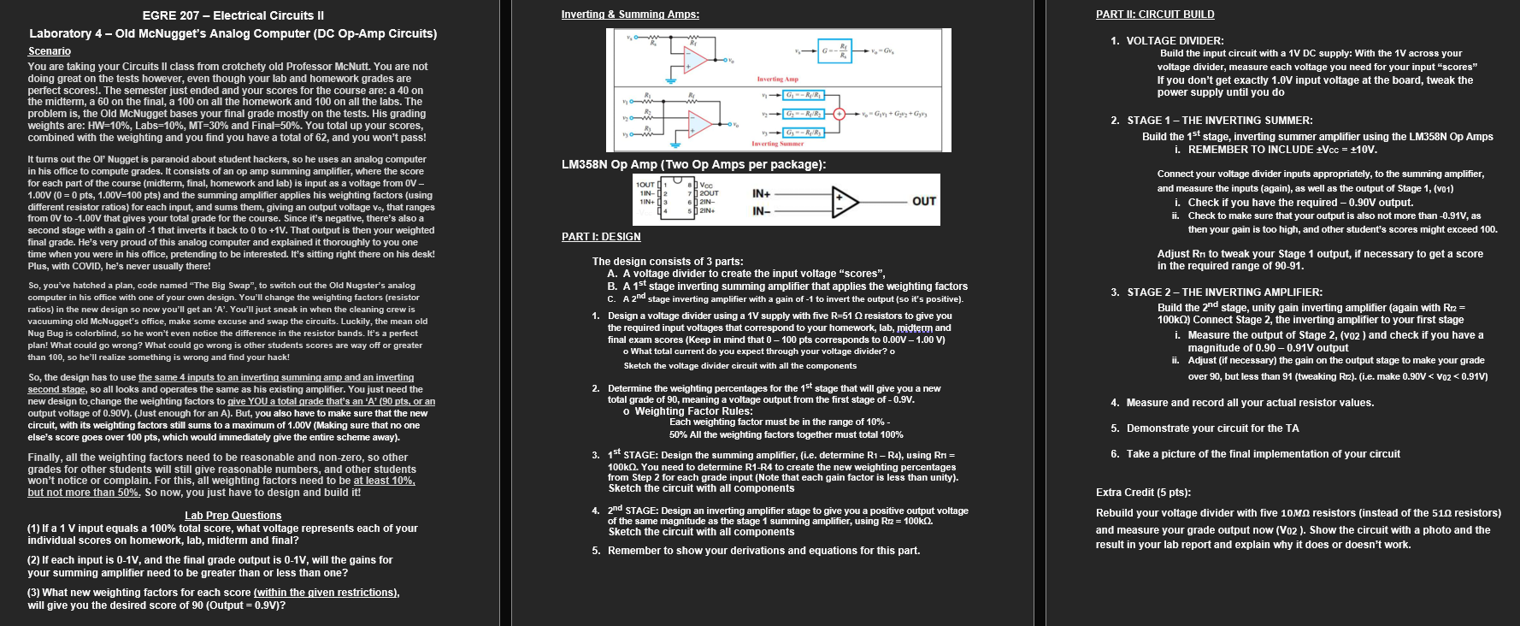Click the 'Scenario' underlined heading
pos(50,51)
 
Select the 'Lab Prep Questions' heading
pos(233,516)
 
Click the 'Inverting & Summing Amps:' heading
pos(630,15)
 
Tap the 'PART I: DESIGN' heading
pos(601,237)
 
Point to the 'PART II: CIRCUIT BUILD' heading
pos(1155,15)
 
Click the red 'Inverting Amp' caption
pos(777,79)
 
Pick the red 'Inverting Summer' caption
pos(777,144)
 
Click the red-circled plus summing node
pos(840,114)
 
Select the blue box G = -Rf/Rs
pos(834,50)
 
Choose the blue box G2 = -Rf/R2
pos(804,114)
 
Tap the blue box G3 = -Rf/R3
pos(804,133)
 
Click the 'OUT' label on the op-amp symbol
pos(923,202)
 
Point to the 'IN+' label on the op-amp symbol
pos(763,193)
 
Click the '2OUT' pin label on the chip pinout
pos(709,193)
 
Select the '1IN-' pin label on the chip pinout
pos(646,193)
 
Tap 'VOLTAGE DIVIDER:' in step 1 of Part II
pos(1175,40)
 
